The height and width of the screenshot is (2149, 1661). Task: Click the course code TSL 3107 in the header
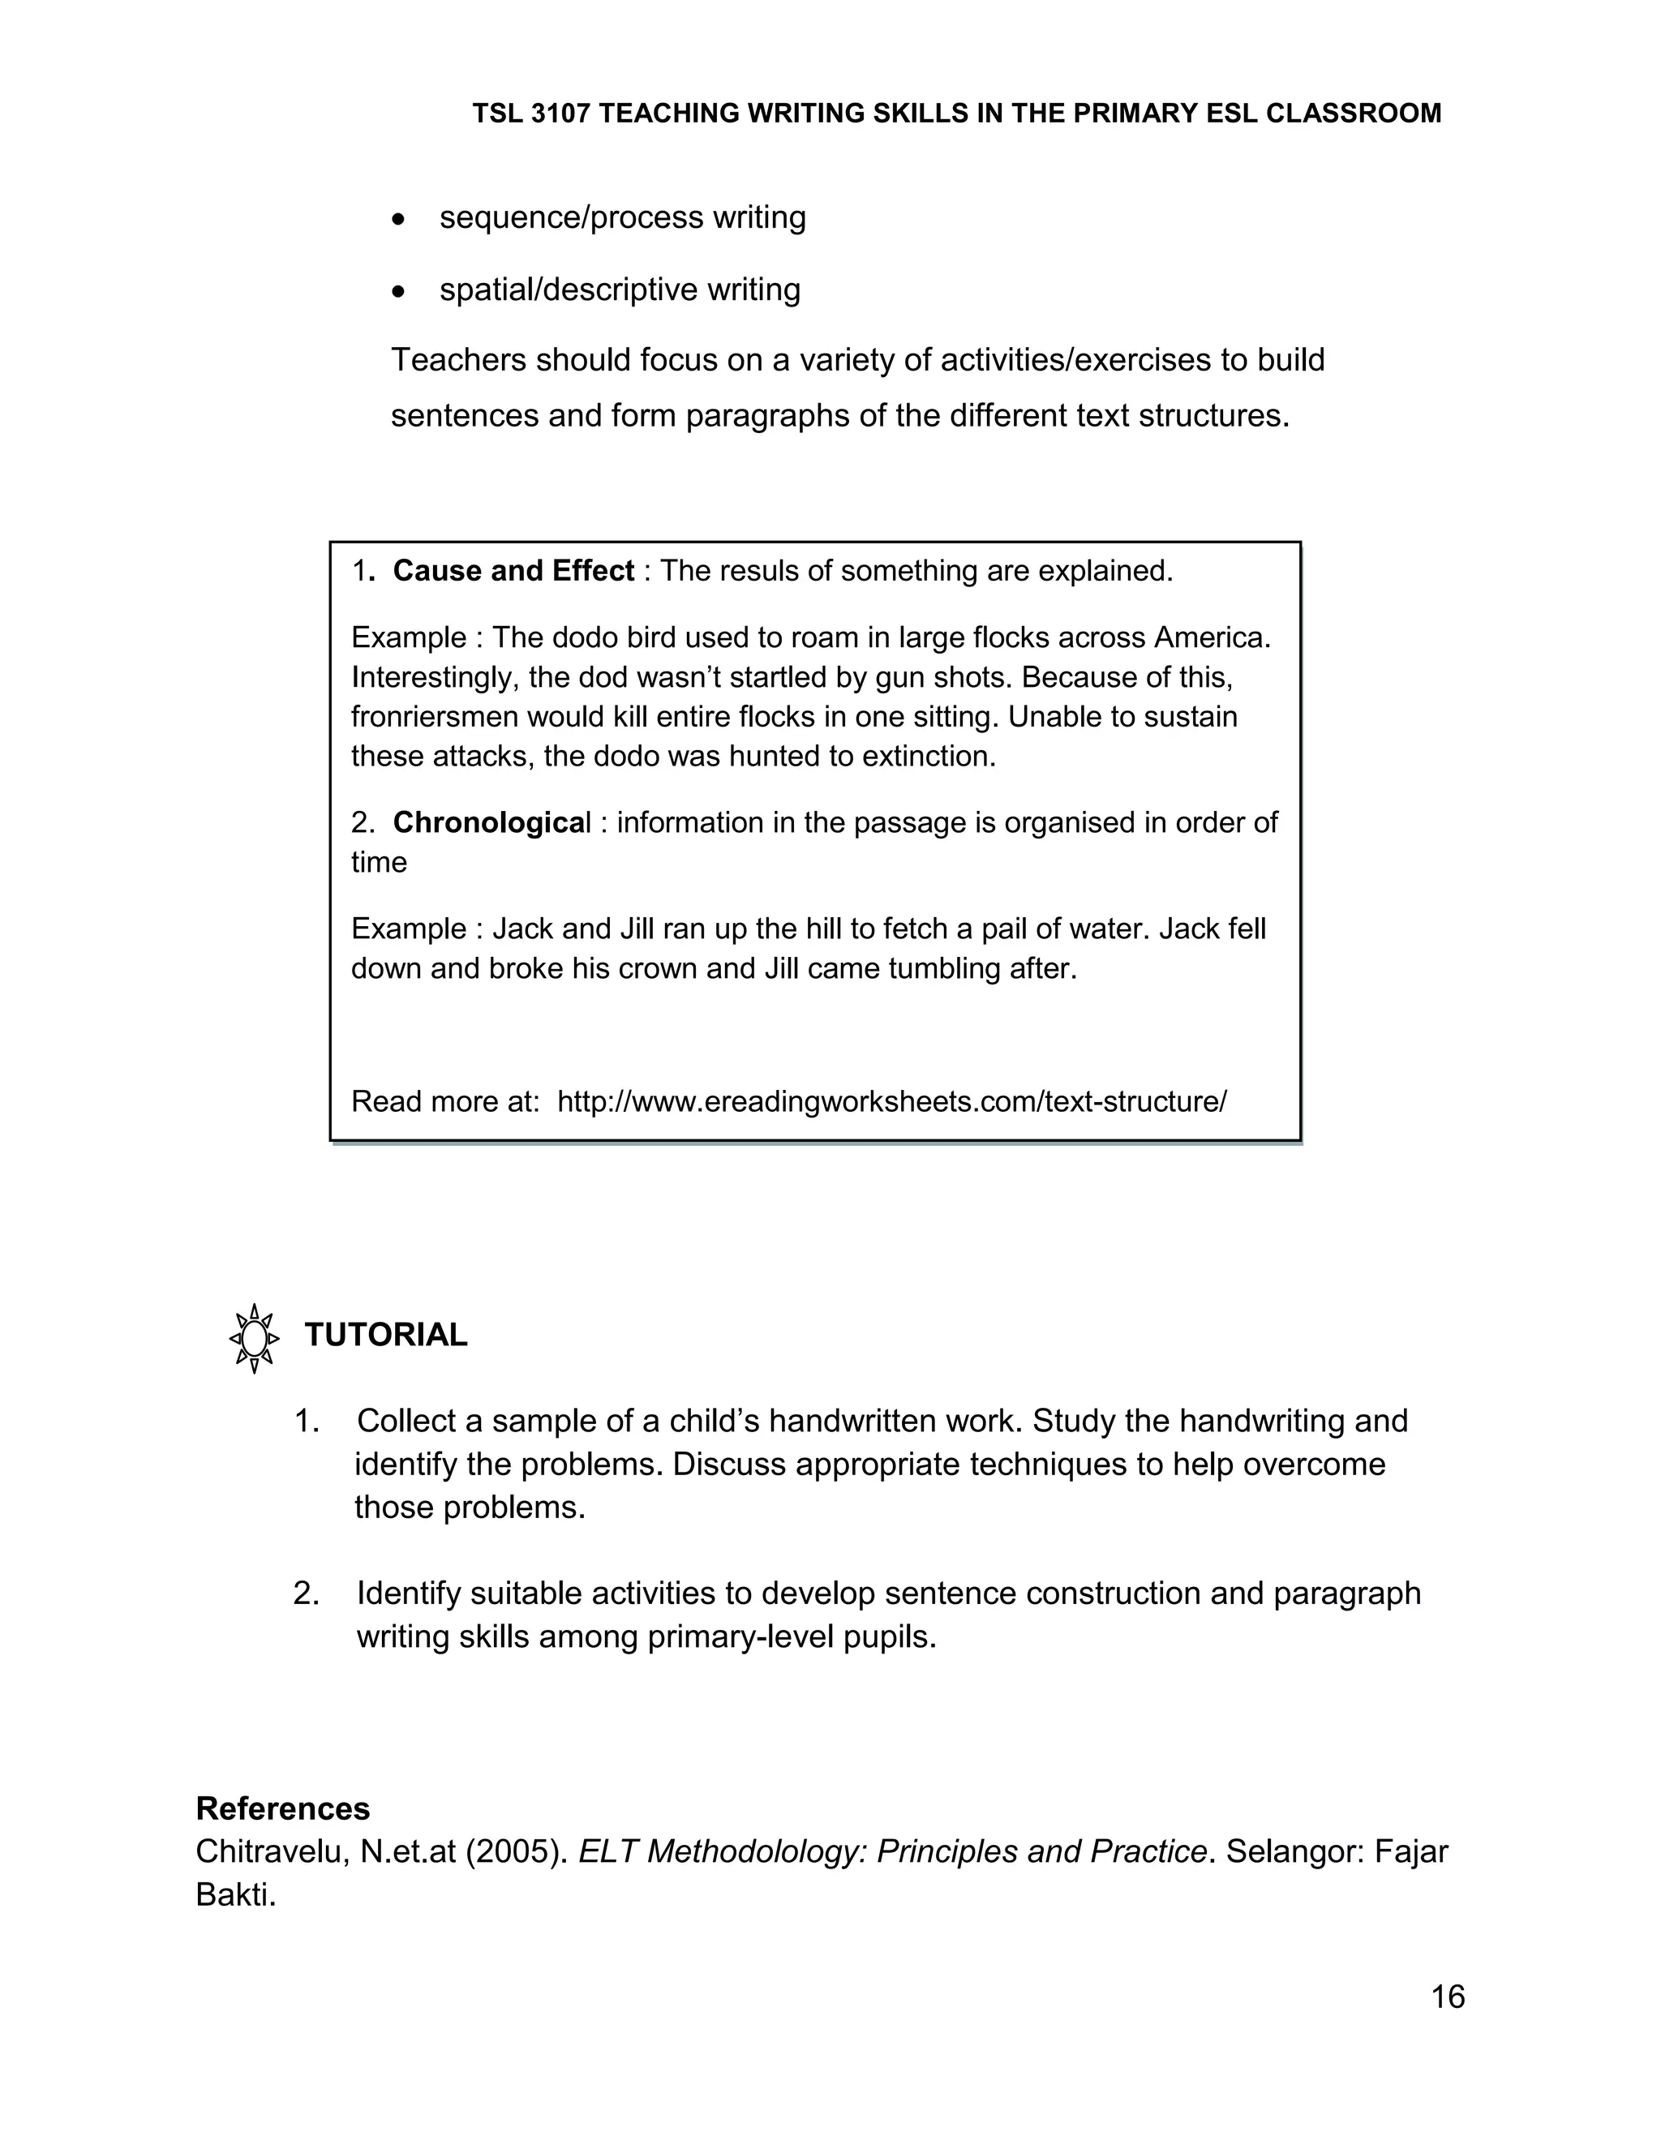point(531,114)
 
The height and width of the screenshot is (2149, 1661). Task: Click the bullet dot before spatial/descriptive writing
point(397,292)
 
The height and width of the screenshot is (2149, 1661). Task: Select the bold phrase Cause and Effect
point(513,571)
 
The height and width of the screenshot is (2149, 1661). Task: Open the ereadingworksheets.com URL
point(891,1101)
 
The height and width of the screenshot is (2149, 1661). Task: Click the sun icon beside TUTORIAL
point(254,1338)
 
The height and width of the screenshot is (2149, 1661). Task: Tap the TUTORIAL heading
point(386,1336)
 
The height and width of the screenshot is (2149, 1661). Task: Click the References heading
point(283,1808)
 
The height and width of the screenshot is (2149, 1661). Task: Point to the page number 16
point(1448,1997)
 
